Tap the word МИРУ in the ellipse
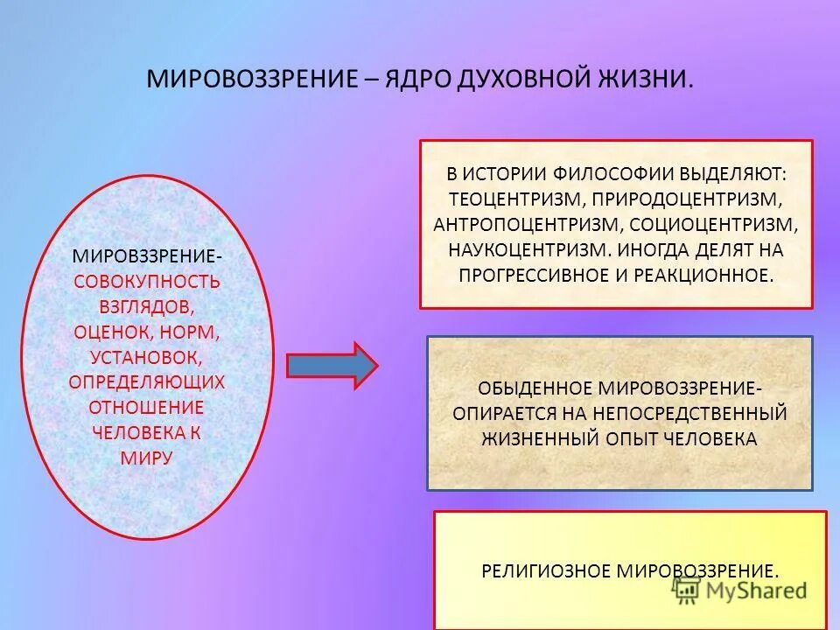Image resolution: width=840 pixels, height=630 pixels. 147,458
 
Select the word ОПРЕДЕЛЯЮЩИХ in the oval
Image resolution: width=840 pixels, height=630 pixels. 147,382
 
